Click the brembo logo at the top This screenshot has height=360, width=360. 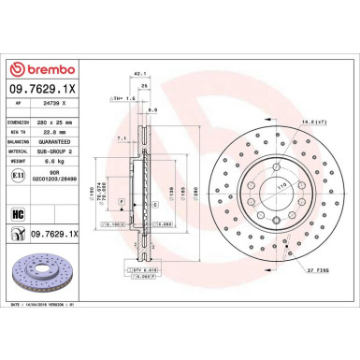(x=41, y=70)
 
